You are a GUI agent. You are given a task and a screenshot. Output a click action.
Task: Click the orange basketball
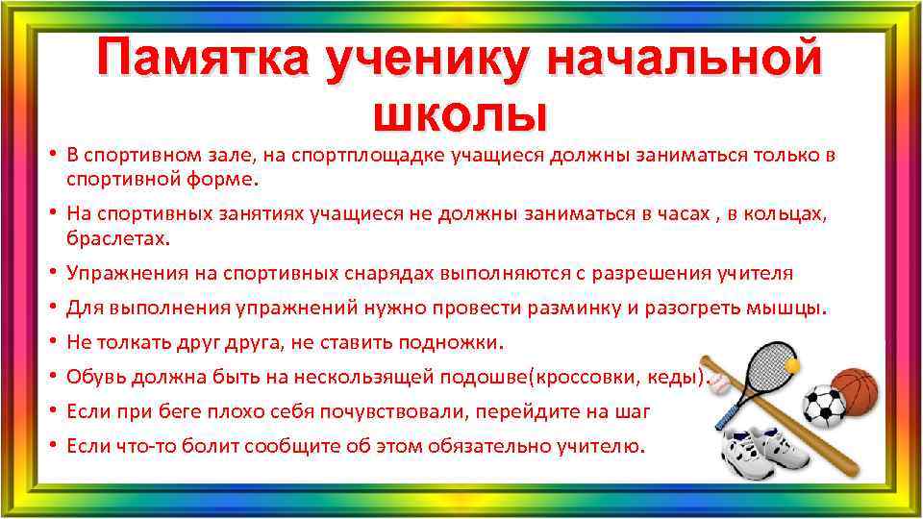click(854, 394)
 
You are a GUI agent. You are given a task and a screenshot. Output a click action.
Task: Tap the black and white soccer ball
click(823, 407)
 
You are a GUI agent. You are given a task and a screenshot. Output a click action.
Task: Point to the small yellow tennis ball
click(793, 365)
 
